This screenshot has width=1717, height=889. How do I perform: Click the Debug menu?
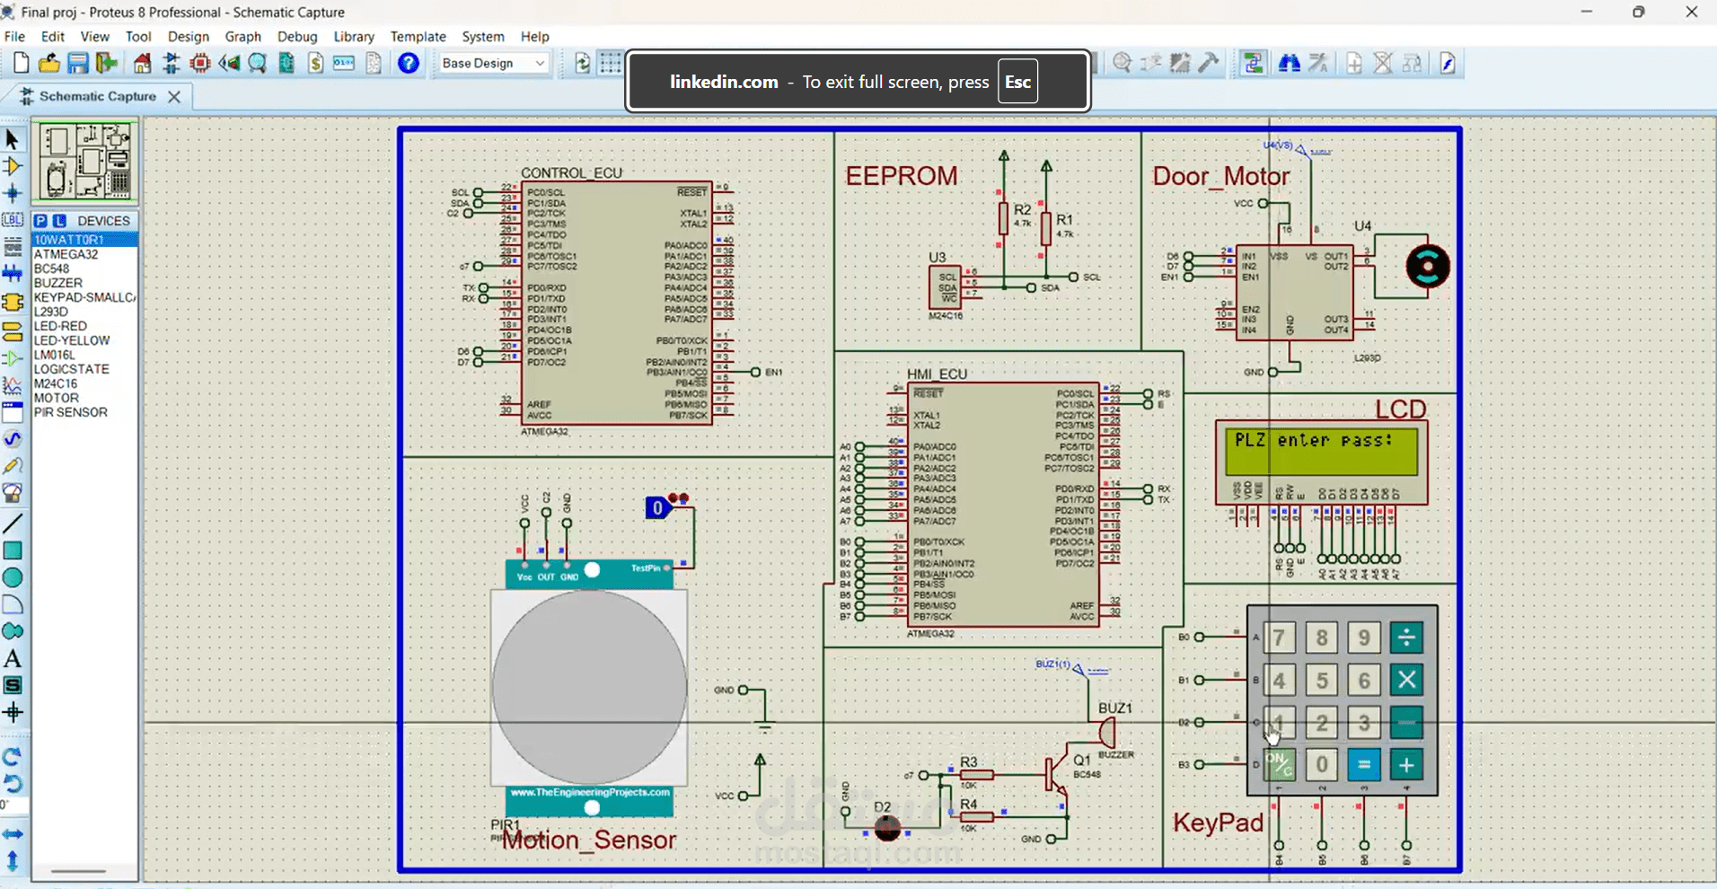click(x=296, y=37)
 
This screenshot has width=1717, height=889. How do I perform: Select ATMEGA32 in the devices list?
click(x=66, y=254)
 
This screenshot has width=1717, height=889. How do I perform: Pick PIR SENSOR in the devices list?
click(x=70, y=412)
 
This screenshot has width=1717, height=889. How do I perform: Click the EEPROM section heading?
click(x=901, y=176)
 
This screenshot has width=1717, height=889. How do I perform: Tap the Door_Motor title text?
click(x=1220, y=176)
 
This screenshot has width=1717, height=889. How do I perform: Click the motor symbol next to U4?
click(x=1427, y=267)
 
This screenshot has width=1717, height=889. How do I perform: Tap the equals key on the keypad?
click(x=1363, y=765)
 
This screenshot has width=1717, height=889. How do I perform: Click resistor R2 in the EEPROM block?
click(x=1003, y=218)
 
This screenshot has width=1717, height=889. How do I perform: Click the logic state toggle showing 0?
click(x=657, y=508)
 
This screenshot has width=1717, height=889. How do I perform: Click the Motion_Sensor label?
click(x=588, y=841)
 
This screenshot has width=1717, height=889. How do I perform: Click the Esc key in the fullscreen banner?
click(x=1017, y=82)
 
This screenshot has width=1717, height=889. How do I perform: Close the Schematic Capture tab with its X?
click(x=174, y=96)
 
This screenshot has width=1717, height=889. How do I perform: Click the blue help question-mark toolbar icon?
click(x=409, y=63)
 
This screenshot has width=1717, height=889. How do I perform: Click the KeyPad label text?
click(x=1218, y=823)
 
